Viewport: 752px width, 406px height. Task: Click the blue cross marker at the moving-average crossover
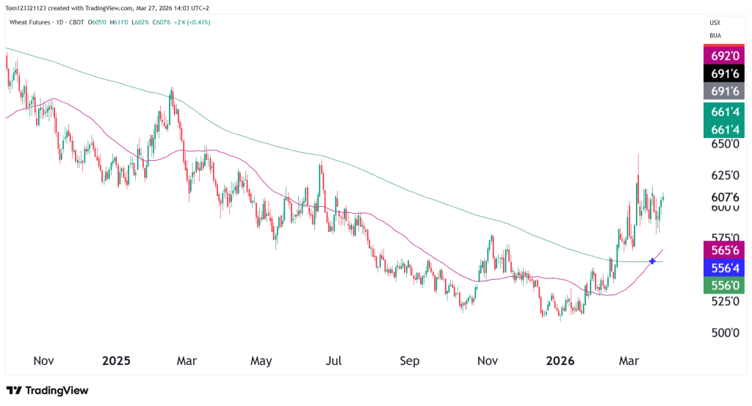point(652,261)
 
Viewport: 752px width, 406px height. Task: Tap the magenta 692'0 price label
point(725,55)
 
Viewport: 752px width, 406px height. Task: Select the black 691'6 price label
point(725,73)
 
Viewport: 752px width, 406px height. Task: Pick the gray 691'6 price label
point(725,92)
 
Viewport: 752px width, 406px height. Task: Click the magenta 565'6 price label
point(725,250)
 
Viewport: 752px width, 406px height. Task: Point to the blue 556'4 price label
point(725,268)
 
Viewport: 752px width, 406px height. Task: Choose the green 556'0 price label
point(725,286)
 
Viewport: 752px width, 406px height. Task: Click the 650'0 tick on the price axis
point(724,144)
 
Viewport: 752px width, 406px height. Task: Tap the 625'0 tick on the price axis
point(724,175)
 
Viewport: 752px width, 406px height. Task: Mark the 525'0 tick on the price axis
point(724,301)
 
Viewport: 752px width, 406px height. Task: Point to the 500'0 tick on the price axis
point(724,333)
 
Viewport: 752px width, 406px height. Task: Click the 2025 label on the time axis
point(116,361)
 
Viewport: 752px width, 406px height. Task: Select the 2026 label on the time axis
point(560,361)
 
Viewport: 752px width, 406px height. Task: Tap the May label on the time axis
point(261,361)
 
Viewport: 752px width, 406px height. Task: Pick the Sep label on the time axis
point(410,361)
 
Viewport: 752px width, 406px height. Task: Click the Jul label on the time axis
point(334,361)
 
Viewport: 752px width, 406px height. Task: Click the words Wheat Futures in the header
point(29,22)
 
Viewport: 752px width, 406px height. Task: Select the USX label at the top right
point(715,23)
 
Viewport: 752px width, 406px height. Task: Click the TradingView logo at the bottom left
point(47,391)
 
